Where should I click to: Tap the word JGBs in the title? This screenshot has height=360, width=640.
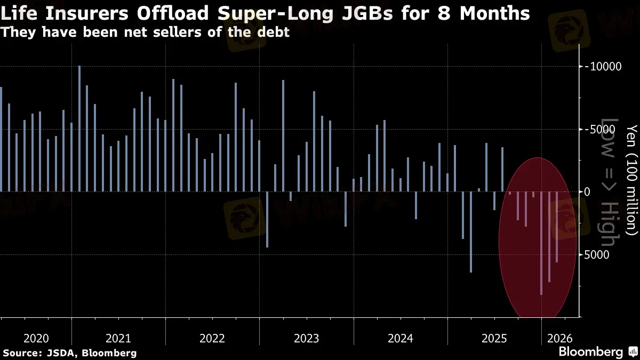click(x=366, y=13)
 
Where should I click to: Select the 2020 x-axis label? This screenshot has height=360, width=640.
click(x=37, y=338)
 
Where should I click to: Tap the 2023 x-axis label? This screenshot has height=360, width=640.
click(x=306, y=338)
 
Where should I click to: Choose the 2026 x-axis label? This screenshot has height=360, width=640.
click(x=559, y=338)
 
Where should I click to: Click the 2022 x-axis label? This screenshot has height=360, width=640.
click(x=212, y=338)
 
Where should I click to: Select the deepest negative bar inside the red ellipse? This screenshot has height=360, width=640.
click(x=541, y=243)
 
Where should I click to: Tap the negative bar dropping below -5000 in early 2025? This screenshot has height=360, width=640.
click(x=471, y=231)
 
